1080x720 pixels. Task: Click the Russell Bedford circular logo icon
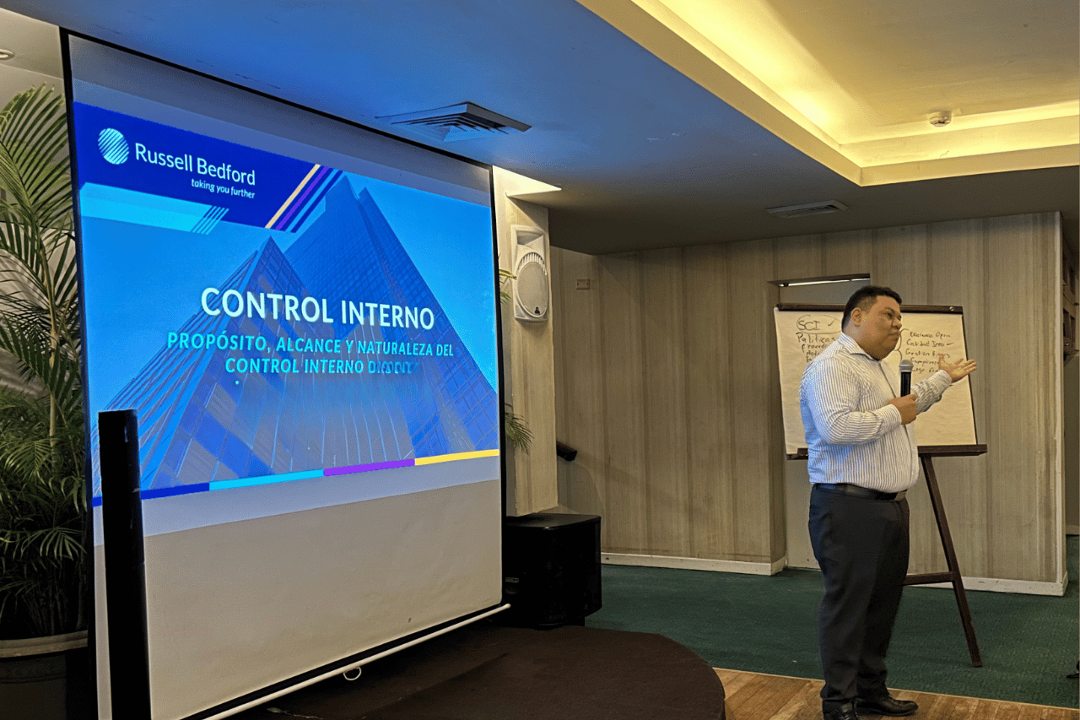tap(113, 145)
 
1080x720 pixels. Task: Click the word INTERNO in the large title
tap(387, 314)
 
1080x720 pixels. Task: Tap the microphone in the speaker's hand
tap(905, 376)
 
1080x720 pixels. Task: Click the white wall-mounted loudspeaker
tap(530, 273)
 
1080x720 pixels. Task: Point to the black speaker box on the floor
tap(552, 569)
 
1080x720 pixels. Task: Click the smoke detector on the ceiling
tap(940, 118)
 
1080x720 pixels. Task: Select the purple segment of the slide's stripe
tap(369, 466)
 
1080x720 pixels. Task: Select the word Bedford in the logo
tap(226, 170)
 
